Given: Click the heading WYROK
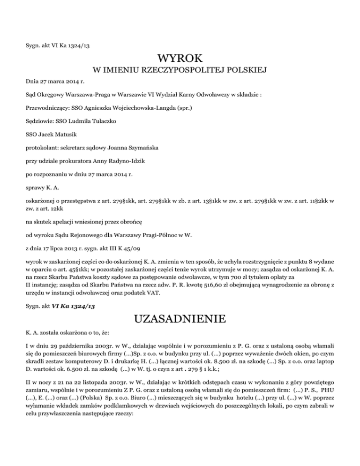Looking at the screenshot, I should click(180, 60).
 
